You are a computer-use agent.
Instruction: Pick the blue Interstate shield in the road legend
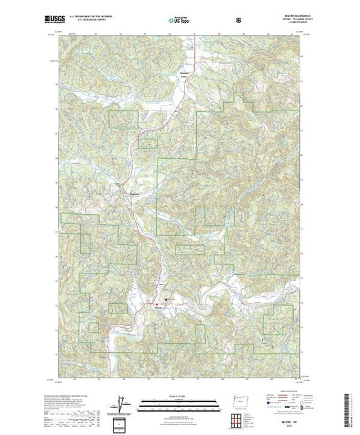(257, 409)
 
